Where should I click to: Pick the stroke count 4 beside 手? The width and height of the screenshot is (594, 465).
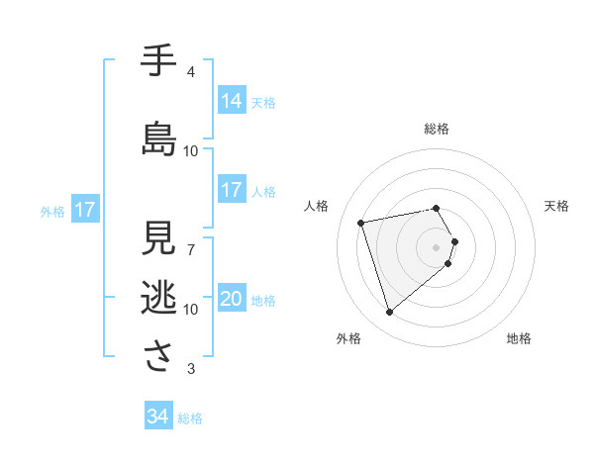point(191,72)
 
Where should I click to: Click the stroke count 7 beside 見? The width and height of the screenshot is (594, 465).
point(191,250)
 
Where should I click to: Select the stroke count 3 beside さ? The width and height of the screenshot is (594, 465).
point(191,369)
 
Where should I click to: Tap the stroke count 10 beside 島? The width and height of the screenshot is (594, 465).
point(191,151)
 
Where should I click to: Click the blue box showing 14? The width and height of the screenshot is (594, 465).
point(232,100)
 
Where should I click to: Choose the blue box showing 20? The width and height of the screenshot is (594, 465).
point(232,300)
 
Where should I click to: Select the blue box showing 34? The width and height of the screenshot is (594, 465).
point(157,418)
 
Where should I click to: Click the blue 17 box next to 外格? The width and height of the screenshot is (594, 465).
point(84,210)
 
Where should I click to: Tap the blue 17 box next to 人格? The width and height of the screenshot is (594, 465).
point(232,190)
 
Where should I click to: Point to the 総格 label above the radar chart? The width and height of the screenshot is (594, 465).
point(437,129)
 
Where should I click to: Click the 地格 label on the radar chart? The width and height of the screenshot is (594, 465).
point(519,338)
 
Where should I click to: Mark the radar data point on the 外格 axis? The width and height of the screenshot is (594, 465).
point(389,313)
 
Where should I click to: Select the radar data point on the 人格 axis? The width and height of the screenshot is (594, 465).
point(361,222)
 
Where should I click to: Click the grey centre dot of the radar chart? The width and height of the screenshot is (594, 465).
point(436,246)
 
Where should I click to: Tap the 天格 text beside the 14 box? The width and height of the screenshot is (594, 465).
point(263,102)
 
